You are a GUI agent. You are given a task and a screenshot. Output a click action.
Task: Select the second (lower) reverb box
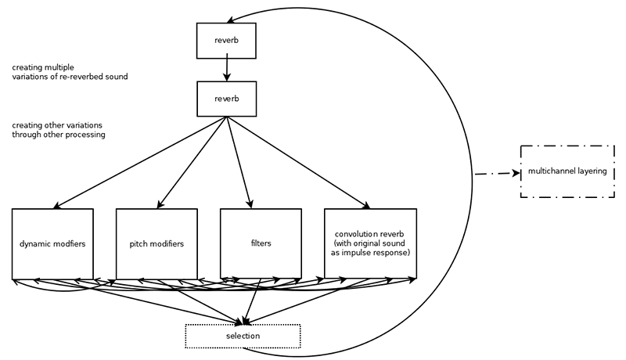[226, 99]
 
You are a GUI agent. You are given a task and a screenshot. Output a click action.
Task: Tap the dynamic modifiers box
[52, 243]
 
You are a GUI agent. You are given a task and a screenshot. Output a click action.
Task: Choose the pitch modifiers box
[156, 243]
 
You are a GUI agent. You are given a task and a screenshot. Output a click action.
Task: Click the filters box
[261, 243]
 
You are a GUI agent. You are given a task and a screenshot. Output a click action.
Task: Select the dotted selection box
[243, 336]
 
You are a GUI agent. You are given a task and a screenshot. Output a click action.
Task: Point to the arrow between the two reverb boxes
[226, 68]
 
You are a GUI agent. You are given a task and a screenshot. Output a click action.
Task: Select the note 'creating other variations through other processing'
[58, 130]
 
